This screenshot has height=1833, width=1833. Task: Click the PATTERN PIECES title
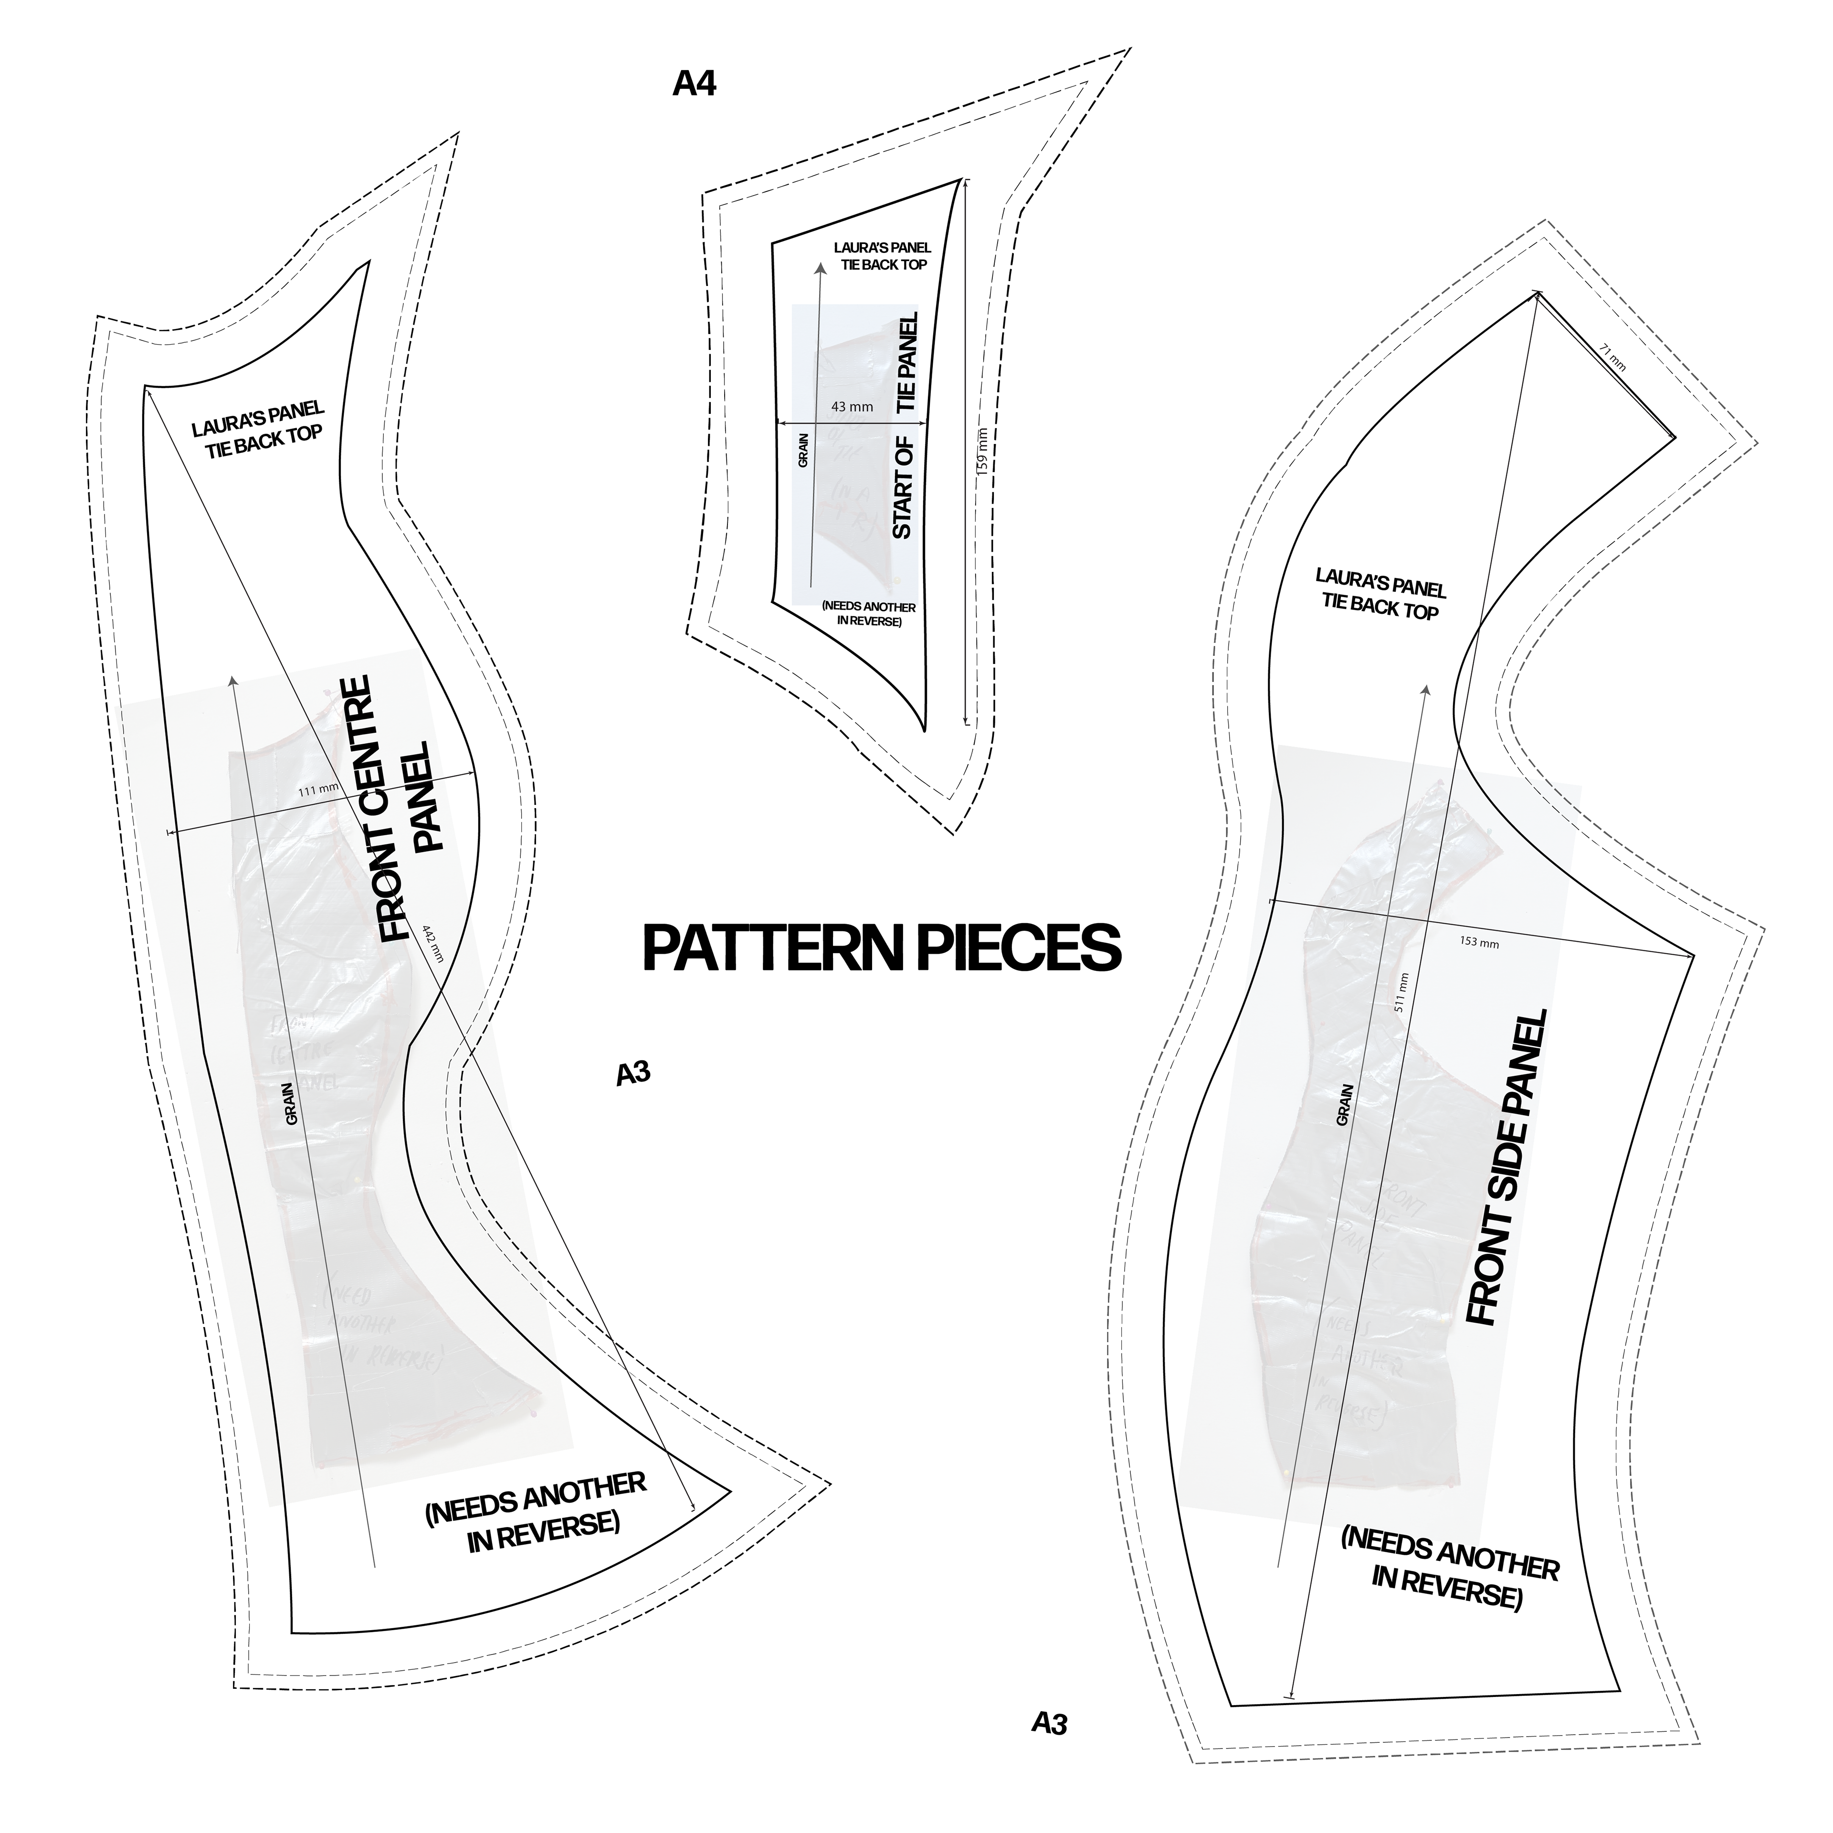[881, 947]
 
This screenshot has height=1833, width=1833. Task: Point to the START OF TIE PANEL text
[906, 425]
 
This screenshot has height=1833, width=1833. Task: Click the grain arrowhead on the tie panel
[820, 268]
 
